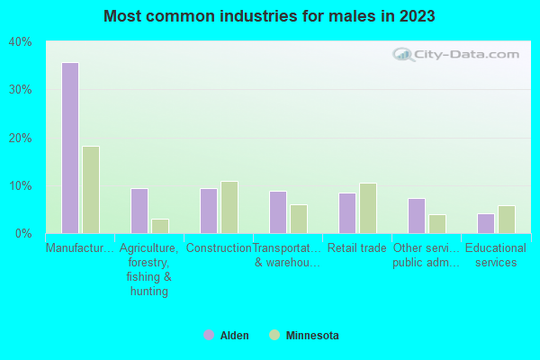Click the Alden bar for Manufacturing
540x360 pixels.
tap(69, 148)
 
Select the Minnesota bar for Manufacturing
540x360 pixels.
tap(91, 190)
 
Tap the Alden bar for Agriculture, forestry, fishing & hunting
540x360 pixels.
tap(139, 211)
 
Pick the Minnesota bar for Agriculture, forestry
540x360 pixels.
tap(160, 226)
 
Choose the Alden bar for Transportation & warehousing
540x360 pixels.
tap(277, 211)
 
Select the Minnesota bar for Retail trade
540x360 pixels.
tap(368, 208)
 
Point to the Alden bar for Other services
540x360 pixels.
tap(416, 216)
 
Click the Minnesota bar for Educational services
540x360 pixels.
tap(507, 220)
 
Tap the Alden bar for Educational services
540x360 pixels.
tap(485, 223)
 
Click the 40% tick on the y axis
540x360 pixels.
tap(21, 42)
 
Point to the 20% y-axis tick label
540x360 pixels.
tap(21, 138)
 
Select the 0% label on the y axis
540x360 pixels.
tap(24, 233)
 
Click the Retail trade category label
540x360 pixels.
tap(357, 248)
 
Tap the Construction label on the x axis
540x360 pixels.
tap(219, 248)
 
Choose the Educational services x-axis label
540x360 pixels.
tap(496, 256)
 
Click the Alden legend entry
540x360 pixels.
tap(227, 336)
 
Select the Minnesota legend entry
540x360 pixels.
tap(303, 336)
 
